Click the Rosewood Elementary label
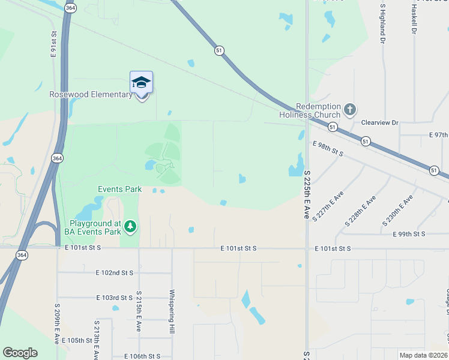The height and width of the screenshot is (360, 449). (x=91, y=95)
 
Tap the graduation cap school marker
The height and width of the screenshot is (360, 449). (x=141, y=83)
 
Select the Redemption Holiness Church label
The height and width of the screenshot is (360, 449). (x=310, y=110)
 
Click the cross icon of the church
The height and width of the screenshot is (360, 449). (x=351, y=110)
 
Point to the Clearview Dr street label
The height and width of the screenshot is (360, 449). (x=379, y=123)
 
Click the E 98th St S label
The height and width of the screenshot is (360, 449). (x=328, y=149)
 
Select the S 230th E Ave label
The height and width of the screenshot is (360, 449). (x=397, y=210)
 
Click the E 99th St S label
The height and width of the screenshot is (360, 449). (x=409, y=234)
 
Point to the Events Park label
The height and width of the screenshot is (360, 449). (x=120, y=190)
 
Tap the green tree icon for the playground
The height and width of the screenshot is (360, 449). (x=130, y=227)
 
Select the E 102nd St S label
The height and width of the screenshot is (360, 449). (x=114, y=272)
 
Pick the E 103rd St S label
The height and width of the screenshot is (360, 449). (x=114, y=298)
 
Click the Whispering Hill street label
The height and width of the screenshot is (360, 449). (x=172, y=312)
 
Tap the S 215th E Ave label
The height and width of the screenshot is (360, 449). (x=139, y=311)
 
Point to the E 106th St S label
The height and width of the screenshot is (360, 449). (x=142, y=356)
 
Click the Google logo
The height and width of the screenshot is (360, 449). (x=20, y=353)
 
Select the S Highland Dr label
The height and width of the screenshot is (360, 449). (x=382, y=24)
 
